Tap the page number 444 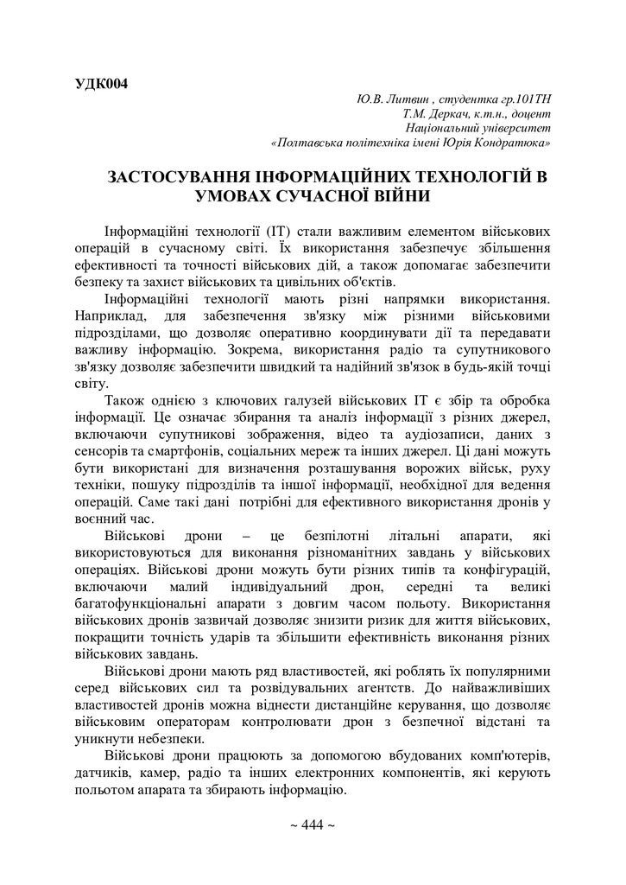click(x=312, y=825)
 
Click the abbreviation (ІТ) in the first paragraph click(x=277, y=232)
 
